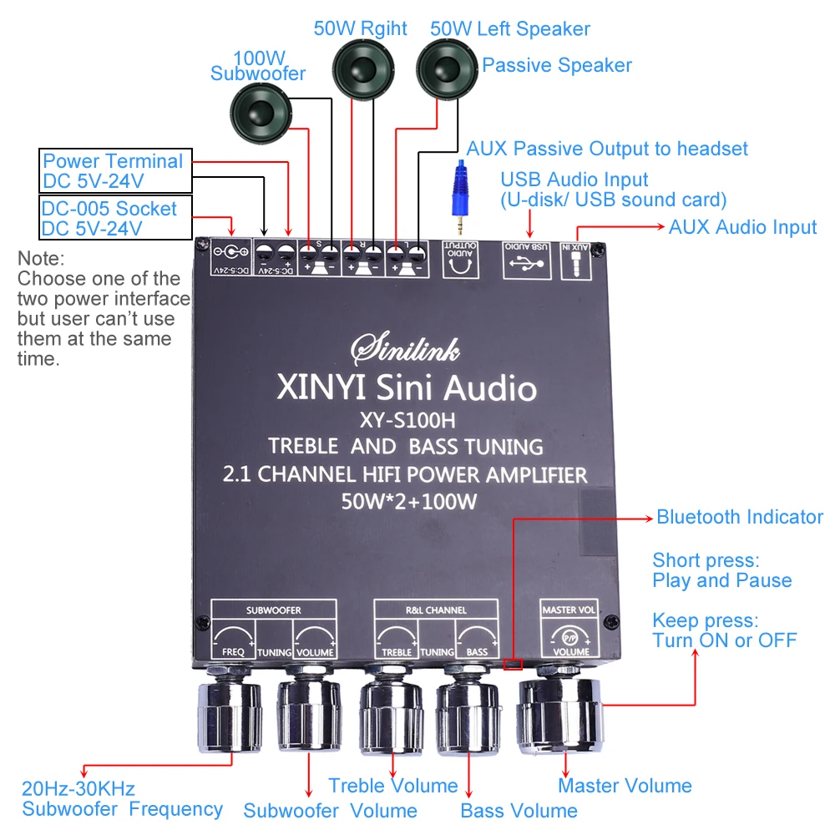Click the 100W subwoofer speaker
click(x=261, y=114)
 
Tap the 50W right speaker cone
click(x=363, y=69)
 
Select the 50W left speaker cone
click(x=447, y=69)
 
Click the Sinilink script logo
click(x=405, y=349)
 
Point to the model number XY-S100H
click(x=407, y=421)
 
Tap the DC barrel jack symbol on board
click(x=230, y=252)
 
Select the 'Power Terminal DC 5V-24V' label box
click(x=115, y=170)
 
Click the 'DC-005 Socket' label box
click(x=115, y=218)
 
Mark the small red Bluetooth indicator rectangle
click(x=513, y=664)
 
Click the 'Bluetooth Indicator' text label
click(x=740, y=517)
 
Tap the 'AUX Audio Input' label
click(x=743, y=227)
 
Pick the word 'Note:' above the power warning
click(x=41, y=259)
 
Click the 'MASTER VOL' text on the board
click(x=569, y=610)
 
